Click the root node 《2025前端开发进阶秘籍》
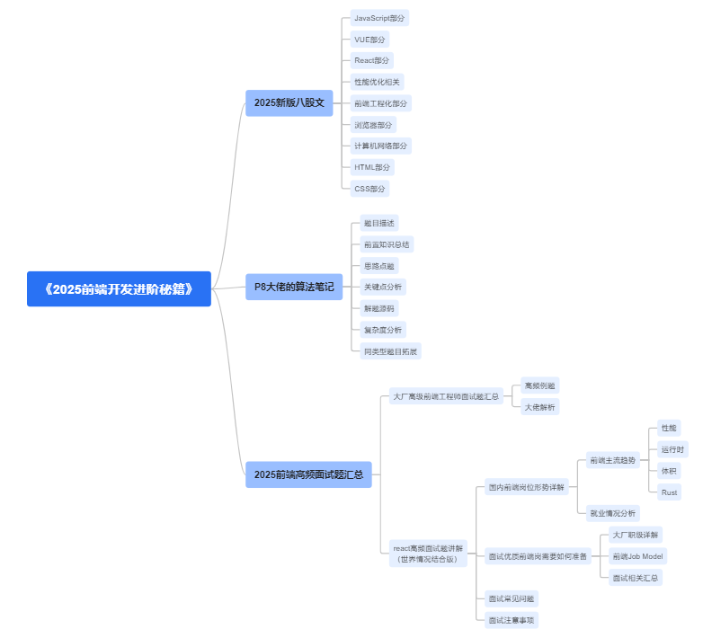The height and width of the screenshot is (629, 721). point(119,289)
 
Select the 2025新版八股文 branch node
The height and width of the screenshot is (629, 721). point(289,103)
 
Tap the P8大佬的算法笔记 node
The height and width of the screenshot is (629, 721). point(293,287)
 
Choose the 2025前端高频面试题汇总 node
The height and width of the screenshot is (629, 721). point(308,474)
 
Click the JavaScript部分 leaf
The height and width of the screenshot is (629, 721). point(379,18)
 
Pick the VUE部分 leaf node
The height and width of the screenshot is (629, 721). point(369,40)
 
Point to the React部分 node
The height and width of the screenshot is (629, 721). point(372,60)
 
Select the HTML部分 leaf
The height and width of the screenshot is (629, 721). point(372,167)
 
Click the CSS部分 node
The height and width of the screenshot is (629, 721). point(369,189)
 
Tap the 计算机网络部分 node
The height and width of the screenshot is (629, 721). point(380,146)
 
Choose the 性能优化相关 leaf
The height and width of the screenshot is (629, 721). point(377,82)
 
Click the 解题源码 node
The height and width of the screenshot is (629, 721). point(378,308)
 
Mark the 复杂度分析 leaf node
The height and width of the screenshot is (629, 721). point(382,330)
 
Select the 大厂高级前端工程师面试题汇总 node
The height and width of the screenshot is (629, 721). point(446,396)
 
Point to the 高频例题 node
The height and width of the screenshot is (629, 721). point(540,385)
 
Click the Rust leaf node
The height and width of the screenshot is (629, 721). point(669,492)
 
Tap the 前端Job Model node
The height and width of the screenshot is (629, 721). point(636,556)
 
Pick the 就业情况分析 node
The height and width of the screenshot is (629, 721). point(612,513)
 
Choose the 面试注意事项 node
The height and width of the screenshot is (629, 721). point(512,620)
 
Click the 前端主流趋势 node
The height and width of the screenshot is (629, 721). point(612,460)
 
